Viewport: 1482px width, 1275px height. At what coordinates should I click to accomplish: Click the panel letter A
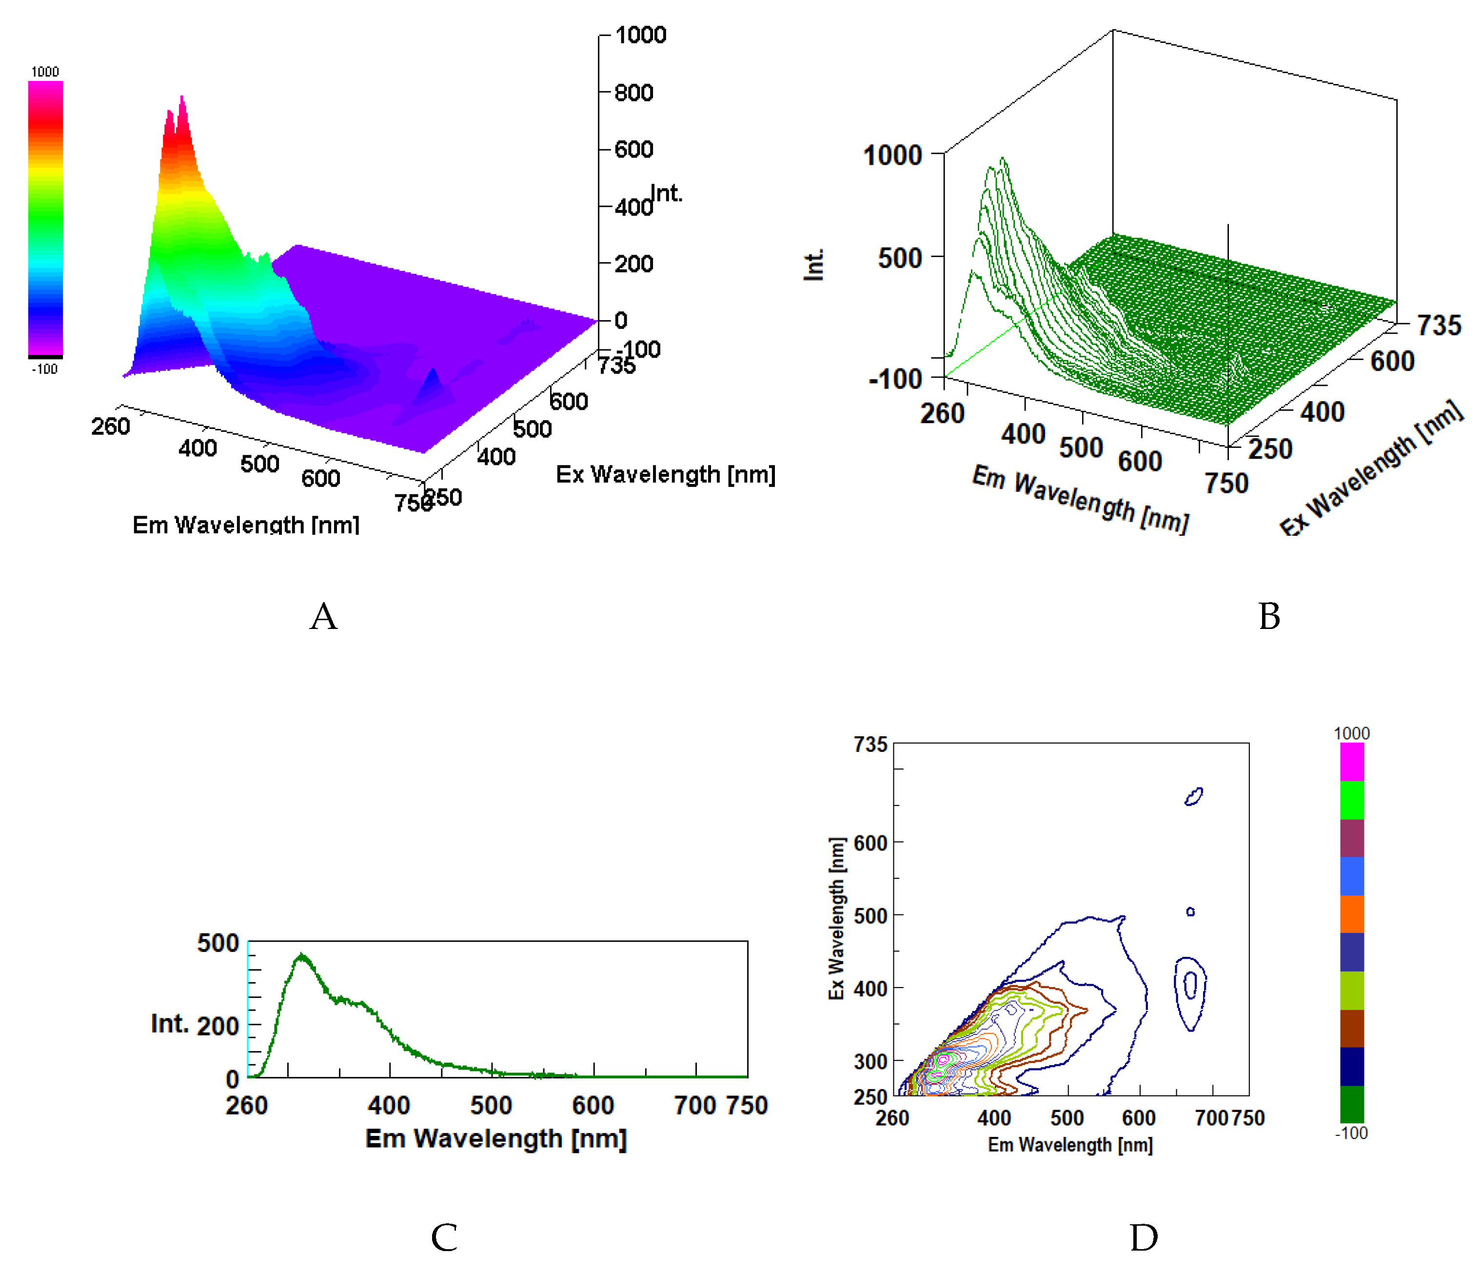pos(323,616)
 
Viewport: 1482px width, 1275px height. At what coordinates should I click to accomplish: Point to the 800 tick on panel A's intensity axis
pos(633,92)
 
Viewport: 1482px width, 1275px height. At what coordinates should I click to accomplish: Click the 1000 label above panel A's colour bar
pos(45,72)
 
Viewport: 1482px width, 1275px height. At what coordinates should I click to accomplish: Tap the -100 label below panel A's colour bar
pos(44,369)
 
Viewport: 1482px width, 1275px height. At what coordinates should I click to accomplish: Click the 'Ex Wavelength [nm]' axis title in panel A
pos(665,474)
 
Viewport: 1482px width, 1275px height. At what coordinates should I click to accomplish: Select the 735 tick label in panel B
pos(1439,325)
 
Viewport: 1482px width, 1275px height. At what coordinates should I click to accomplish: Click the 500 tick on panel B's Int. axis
pos(900,258)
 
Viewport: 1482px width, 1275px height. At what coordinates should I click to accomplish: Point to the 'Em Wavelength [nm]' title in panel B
pos(1080,499)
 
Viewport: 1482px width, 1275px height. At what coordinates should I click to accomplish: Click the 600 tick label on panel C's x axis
pos(593,1105)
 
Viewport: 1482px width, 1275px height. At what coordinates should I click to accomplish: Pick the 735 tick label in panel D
pos(870,745)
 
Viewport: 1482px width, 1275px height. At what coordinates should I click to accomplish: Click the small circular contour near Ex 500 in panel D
pos(1190,911)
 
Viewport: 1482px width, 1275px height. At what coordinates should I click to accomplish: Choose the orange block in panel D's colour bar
pos(1351,914)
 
